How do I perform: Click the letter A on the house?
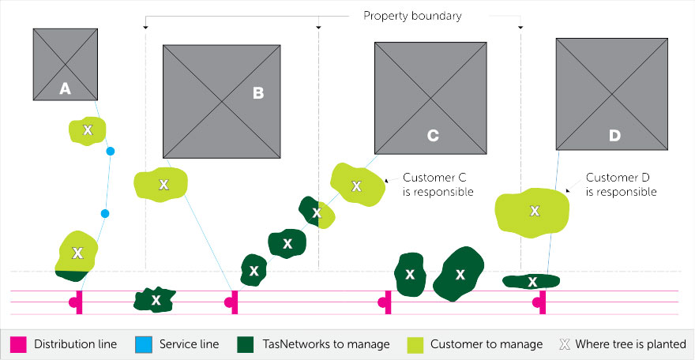[65, 89]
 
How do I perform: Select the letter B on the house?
[258, 93]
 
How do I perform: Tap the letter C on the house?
[433, 136]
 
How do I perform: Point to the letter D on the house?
[614, 136]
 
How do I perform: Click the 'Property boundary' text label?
[412, 16]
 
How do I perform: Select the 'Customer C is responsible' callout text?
[438, 185]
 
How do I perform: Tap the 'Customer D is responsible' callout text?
[621, 185]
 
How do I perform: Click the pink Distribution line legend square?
[19, 344]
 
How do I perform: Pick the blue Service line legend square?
[144, 344]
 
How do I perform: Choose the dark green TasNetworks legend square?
[246, 344]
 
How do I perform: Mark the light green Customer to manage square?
[415, 344]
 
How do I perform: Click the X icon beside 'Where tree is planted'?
[564, 344]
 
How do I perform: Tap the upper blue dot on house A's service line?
[111, 152]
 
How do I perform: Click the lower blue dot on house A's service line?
[105, 214]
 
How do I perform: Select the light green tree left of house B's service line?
[161, 185]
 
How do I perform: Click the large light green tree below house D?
[532, 212]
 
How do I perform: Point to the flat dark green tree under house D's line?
[531, 281]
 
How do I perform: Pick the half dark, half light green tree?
[317, 213]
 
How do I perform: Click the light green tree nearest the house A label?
[88, 130]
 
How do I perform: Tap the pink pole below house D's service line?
[541, 302]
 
